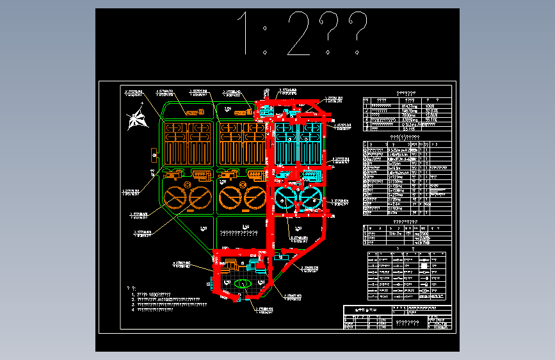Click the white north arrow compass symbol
coord(136,119)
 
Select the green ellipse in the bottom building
coord(242,283)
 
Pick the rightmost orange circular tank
coord(255,199)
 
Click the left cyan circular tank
coord(286,199)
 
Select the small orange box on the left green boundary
coord(154,154)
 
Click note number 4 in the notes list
coord(133,309)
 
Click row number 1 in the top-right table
coord(366,105)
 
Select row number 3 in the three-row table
coord(366,243)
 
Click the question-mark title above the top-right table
coord(406,94)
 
